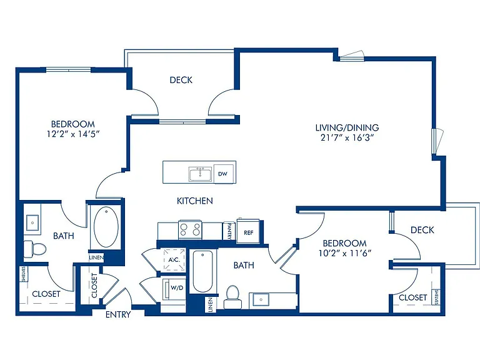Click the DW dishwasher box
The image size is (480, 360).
[x=224, y=174]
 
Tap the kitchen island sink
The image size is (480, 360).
[x=200, y=174]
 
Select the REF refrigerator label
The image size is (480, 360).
[x=249, y=232]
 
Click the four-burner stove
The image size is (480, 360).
[x=190, y=229]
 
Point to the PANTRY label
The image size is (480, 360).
[x=229, y=231]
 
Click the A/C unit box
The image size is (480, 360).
[x=174, y=260]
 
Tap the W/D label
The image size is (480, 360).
[x=177, y=288]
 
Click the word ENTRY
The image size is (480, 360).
[x=118, y=314]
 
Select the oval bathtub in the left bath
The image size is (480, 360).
[x=106, y=227]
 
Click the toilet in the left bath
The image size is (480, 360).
[x=34, y=249]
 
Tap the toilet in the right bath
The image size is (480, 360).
[x=232, y=297]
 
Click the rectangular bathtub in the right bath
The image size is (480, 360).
[x=202, y=271]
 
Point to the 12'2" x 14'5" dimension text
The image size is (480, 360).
[x=74, y=134]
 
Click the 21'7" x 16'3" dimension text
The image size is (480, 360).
[x=347, y=137]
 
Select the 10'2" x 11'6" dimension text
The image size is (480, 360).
[x=345, y=253]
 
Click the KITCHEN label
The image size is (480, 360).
[x=195, y=201]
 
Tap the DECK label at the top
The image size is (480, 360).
[x=181, y=80]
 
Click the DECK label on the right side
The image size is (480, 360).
[x=422, y=230]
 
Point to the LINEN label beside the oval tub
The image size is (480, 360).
[x=96, y=257]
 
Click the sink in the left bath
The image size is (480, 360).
[x=32, y=223]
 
